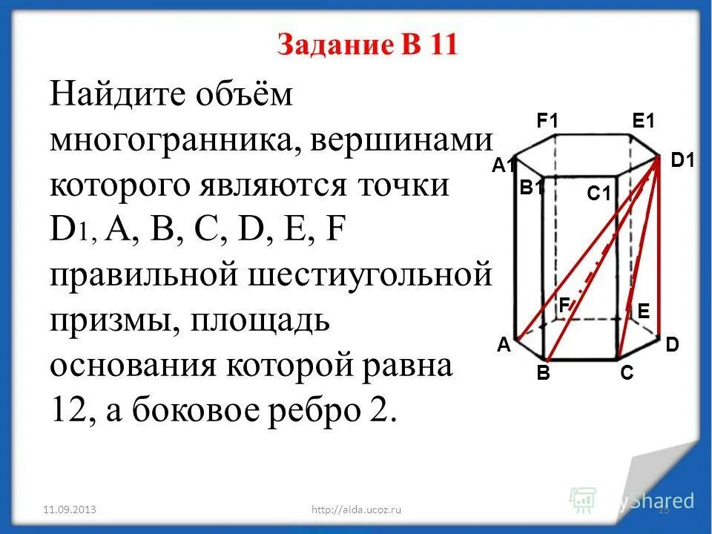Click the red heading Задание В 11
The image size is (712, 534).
[x=368, y=45]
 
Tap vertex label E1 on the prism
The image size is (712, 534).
[x=644, y=120]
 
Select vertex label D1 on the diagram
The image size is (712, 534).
[x=682, y=159]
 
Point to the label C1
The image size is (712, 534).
[x=598, y=194]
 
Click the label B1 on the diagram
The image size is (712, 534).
[x=532, y=188]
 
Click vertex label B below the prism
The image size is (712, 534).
[x=544, y=374]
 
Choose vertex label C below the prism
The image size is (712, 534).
[x=627, y=374]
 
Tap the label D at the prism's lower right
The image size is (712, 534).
[x=672, y=344]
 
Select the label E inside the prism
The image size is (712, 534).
[x=643, y=312]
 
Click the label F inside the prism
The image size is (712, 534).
[x=564, y=304]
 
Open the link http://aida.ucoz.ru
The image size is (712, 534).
[x=357, y=510]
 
